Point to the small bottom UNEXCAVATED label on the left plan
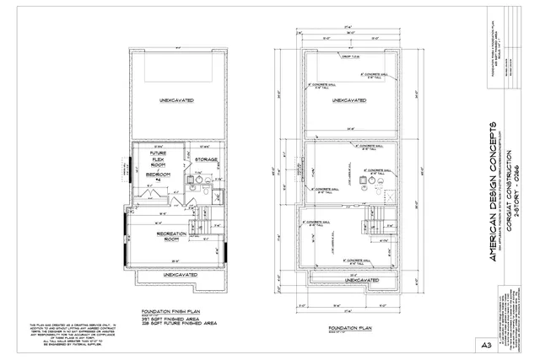tap(175, 274)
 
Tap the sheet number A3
tap(510, 345)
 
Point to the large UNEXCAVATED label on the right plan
tap(348, 100)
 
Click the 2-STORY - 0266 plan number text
tap(523, 185)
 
